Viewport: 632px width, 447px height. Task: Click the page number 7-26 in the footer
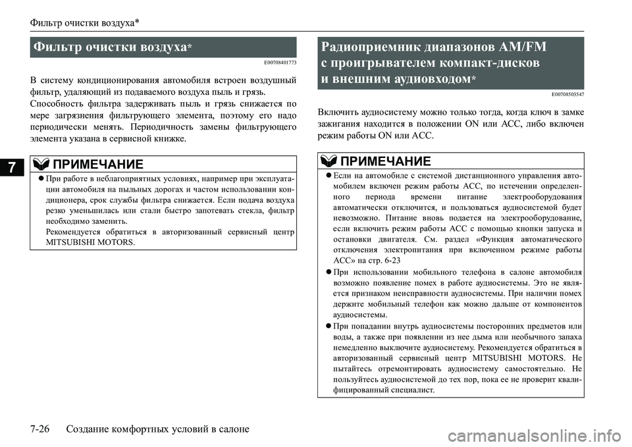coord(45,429)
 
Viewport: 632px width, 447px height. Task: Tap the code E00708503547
coord(566,94)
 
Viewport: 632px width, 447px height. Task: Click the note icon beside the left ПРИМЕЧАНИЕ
coord(40,163)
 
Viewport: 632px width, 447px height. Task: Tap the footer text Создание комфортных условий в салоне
coord(158,429)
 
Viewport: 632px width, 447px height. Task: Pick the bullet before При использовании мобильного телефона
coord(327,272)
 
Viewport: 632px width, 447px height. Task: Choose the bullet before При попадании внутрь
coord(327,327)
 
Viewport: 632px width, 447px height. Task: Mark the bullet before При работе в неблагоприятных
coord(41,179)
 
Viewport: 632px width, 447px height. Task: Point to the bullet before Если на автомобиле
coord(327,176)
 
